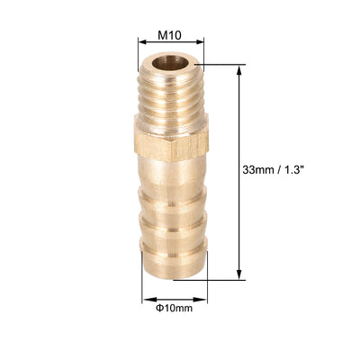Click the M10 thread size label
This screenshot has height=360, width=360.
[x=171, y=35]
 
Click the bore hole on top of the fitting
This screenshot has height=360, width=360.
[x=170, y=65]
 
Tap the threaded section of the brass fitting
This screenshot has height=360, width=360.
[x=171, y=99]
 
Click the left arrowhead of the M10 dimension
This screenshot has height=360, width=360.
[x=141, y=42]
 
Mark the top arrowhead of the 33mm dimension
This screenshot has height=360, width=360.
[x=238, y=67]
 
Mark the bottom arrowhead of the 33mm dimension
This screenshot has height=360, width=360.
[x=238, y=275]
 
